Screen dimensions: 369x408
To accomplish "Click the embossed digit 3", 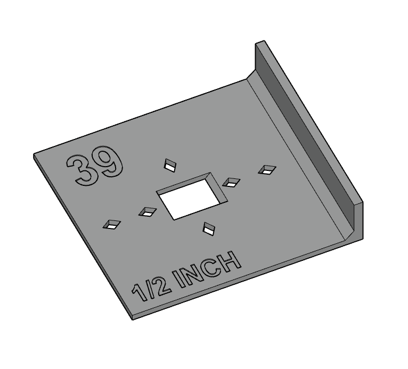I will [x=80, y=170].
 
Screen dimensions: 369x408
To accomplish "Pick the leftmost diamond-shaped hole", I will [x=111, y=224].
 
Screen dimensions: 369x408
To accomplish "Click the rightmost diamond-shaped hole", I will [x=267, y=170].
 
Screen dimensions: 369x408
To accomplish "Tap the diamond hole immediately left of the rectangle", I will [x=148, y=212].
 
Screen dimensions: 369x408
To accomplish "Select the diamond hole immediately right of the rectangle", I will [x=231, y=182].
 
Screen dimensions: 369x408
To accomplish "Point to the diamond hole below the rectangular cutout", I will [x=209, y=229].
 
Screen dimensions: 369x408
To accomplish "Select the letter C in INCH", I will [x=215, y=268].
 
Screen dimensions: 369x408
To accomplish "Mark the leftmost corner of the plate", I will [x=34, y=155].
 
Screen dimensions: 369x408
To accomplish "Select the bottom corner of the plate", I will [x=133, y=318].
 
